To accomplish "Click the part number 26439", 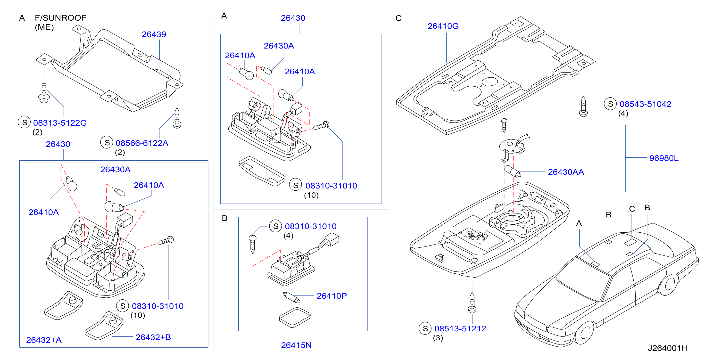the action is pyautogui.click(x=154, y=34).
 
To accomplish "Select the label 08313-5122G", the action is pyautogui.click(x=60, y=123).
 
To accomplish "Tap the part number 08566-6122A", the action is pyautogui.click(x=142, y=143).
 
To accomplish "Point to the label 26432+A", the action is pyautogui.click(x=44, y=340).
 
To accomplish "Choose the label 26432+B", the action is pyautogui.click(x=153, y=337).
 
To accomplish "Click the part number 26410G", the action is pyautogui.click(x=443, y=26).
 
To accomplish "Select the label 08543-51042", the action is pyautogui.click(x=646, y=104).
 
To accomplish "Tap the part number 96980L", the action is pyautogui.click(x=664, y=158).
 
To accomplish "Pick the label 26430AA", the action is pyautogui.click(x=566, y=172).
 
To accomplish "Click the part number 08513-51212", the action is pyautogui.click(x=460, y=329).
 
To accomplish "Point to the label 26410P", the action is pyautogui.click(x=332, y=296).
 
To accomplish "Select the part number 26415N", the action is pyautogui.click(x=296, y=345).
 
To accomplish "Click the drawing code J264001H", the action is pyautogui.click(x=668, y=348).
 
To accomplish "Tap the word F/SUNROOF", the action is pyautogui.click(x=60, y=18).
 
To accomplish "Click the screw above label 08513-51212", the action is pyautogui.click(x=472, y=303).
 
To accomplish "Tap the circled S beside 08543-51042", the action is pyautogui.click(x=610, y=104).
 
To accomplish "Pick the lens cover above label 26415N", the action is pyautogui.click(x=295, y=318).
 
